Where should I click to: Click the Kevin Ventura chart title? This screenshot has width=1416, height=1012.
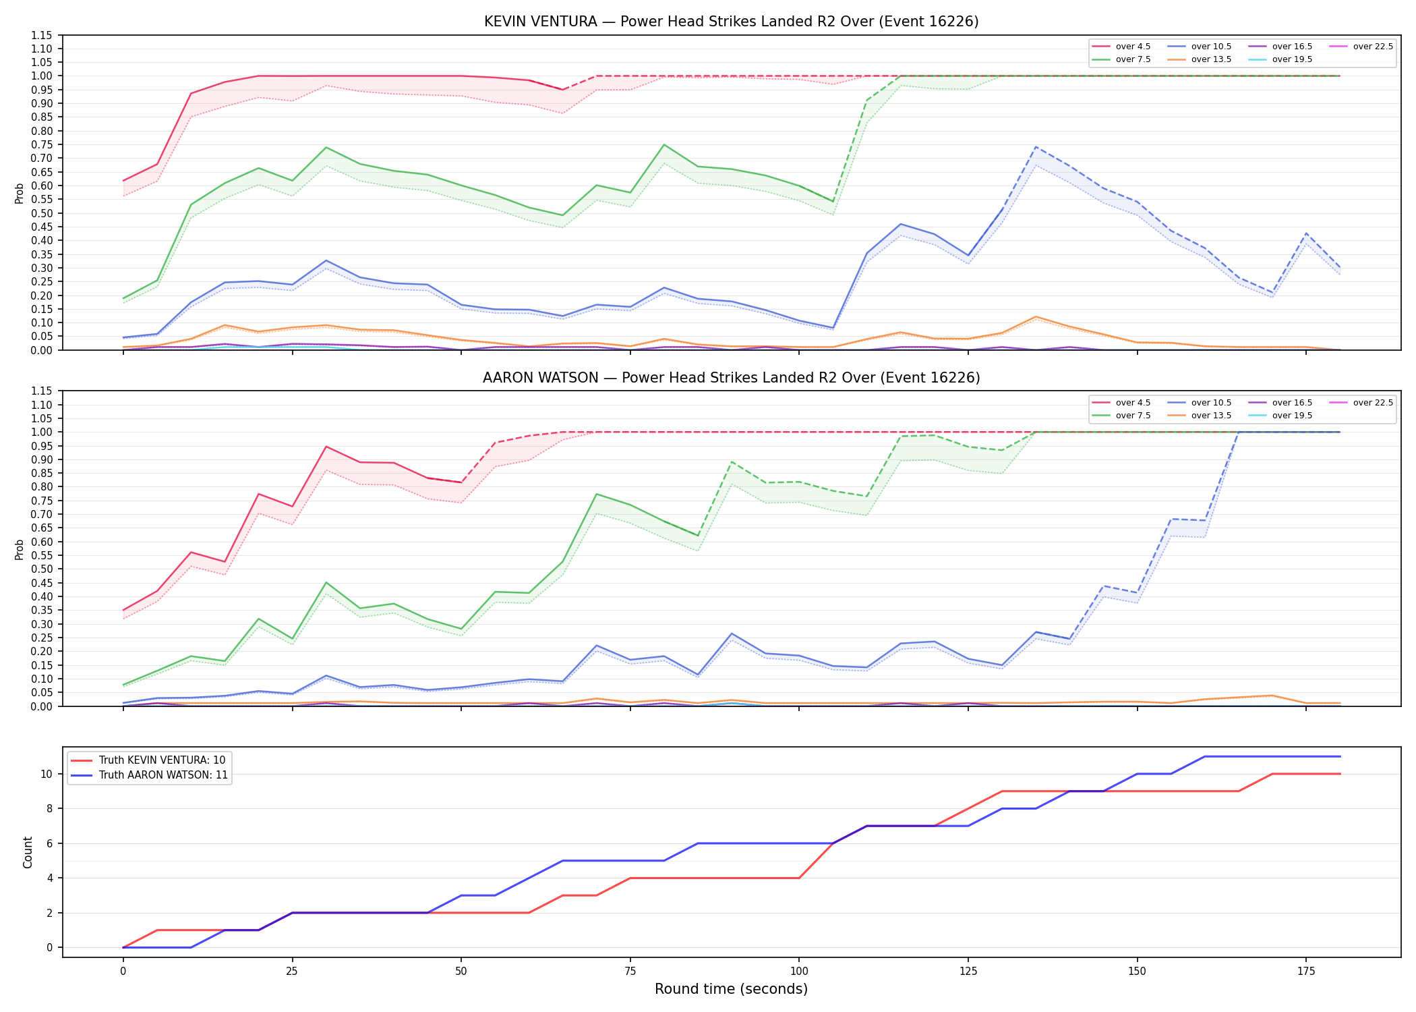click(731, 22)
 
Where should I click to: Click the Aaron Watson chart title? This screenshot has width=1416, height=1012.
click(731, 378)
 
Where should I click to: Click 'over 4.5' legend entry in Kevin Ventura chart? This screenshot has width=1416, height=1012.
click(1121, 47)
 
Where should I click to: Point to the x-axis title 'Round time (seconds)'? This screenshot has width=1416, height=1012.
click(731, 989)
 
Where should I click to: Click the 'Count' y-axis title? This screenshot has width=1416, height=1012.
click(28, 852)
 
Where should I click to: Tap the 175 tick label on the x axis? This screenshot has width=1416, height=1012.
click(1306, 972)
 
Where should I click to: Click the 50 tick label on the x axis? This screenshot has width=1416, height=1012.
click(461, 972)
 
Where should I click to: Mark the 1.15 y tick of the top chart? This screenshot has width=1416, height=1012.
click(42, 35)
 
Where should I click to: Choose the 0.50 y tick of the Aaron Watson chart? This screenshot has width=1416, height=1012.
click(42, 569)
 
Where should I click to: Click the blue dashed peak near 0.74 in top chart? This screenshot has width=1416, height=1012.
click(1036, 146)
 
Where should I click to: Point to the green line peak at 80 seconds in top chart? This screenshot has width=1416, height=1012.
click(663, 144)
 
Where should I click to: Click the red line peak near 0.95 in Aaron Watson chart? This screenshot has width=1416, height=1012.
click(326, 447)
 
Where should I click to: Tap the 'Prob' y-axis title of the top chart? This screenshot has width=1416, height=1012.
click(20, 193)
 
